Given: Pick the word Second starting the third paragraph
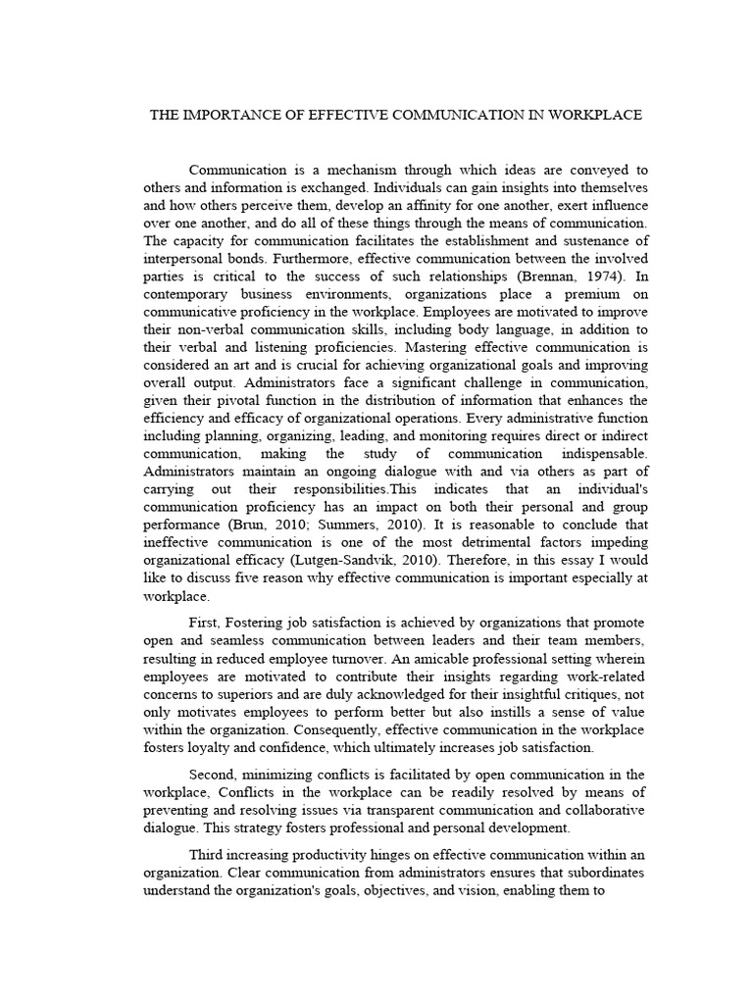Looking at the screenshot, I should point(217,775).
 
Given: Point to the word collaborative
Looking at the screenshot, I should point(594,810).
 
